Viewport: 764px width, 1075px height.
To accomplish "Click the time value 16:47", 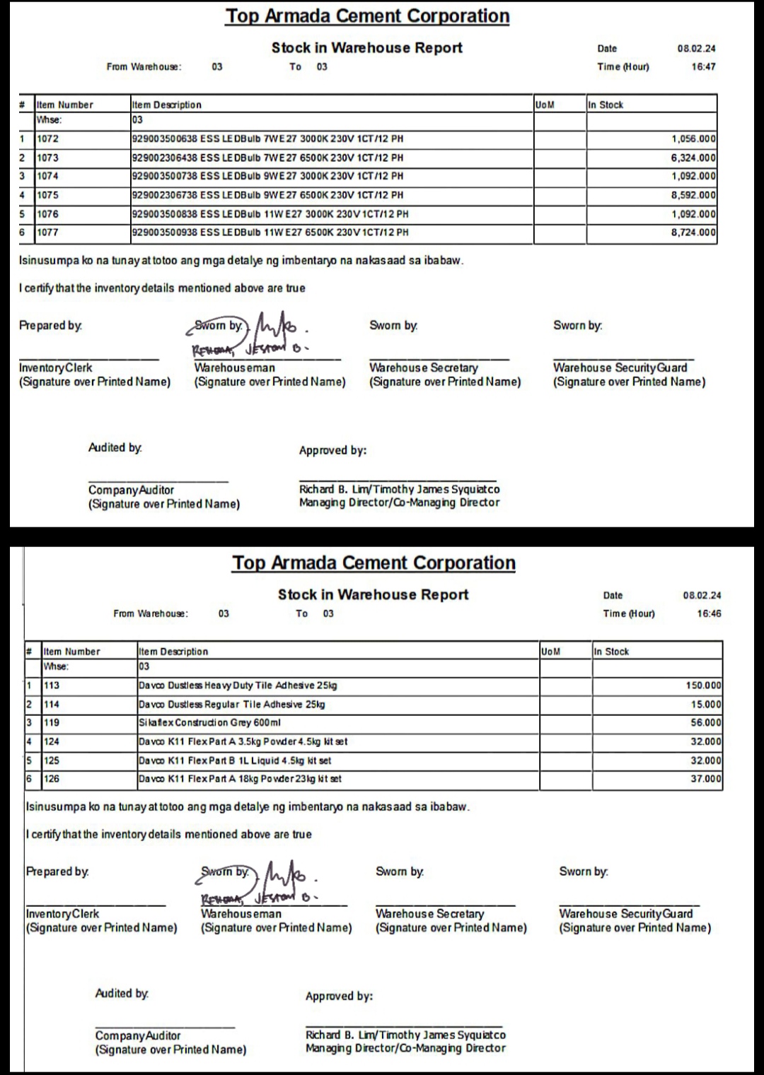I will pos(703,66).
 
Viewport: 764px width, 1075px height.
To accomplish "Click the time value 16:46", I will pos(709,613).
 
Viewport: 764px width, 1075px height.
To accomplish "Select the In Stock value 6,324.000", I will pos(693,158).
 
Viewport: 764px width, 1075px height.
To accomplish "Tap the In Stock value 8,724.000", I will pos(693,233).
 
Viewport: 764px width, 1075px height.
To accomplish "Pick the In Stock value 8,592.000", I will pos(693,195).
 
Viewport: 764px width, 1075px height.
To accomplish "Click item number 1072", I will pos(48,139).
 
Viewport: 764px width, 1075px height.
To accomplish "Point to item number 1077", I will pos(48,233).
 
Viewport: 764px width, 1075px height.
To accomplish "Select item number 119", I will pos(52,723).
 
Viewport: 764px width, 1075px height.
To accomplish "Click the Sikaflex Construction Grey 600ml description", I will pos(210,723).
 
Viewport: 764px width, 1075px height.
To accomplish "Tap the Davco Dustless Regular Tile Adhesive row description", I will pos(232,705).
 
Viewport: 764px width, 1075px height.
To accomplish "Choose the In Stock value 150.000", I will pos(703,686).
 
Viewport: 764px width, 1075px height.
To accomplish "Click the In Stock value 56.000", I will pos(706,723).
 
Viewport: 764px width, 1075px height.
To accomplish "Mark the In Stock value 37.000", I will pos(706,779).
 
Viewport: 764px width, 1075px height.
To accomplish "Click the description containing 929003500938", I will pos(270,233).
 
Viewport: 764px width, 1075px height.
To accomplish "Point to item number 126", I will pos(52,779).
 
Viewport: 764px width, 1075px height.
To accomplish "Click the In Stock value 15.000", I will pos(706,705).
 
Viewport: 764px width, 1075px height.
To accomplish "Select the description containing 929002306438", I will pos(267,158).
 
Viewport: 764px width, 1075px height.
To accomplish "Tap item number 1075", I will pos(48,195).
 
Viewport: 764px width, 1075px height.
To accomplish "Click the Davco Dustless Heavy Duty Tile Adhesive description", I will pos(238,686).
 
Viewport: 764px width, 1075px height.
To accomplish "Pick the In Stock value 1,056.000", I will pos(693,139).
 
